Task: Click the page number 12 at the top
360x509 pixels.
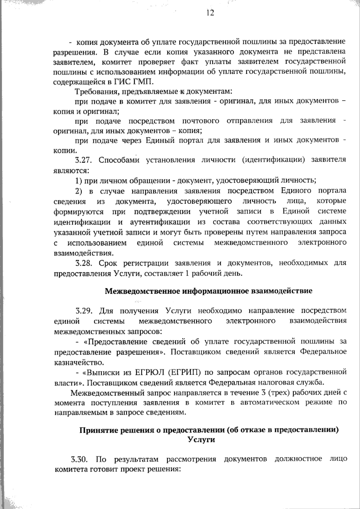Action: click(210, 13)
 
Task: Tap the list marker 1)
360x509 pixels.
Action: click(79, 181)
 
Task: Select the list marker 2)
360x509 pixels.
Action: click(79, 191)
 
